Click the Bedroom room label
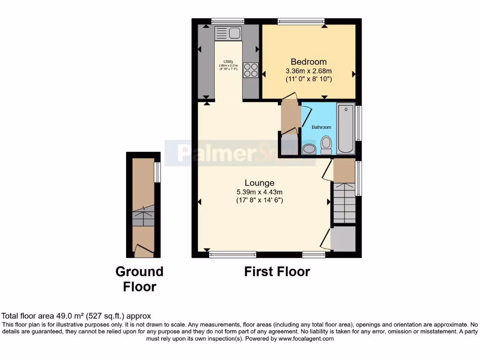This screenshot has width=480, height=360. tap(308, 62)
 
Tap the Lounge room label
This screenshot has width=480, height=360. tap(259, 183)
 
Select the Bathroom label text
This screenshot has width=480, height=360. tap(322, 127)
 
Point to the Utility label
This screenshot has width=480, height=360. tap(228, 61)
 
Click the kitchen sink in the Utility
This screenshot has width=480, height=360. tap(227, 33)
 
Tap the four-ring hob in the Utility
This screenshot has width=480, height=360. tap(250, 70)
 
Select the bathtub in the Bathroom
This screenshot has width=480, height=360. tap(346, 128)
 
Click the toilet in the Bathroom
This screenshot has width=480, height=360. tap(326, 144)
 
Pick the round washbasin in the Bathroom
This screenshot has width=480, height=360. tap(309, 149)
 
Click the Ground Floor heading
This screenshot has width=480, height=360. tap(140, 278)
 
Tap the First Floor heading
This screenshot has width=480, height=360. tap(277, 271)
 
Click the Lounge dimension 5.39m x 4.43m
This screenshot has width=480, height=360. tap(259, 192)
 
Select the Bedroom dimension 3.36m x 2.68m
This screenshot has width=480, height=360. tap(308, 71)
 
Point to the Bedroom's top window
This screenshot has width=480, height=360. tap(300, 21)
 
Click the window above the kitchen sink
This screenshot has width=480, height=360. tap(227, 21)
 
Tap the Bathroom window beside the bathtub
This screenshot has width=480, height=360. tap(359, 123)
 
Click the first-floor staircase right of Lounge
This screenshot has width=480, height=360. tap(344, 202)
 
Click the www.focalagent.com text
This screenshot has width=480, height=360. tap(306, 338)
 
